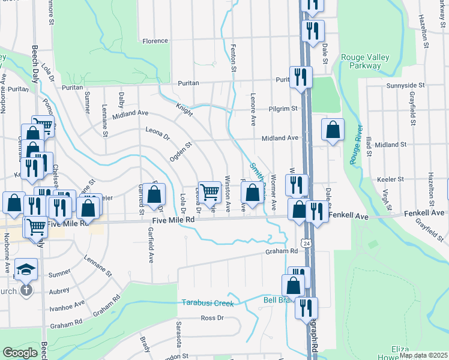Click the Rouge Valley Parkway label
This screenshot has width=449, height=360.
365,61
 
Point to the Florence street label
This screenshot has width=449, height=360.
155,41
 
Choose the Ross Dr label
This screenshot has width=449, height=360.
212,318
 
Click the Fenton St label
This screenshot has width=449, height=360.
233,59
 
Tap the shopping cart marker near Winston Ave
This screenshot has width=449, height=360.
209,193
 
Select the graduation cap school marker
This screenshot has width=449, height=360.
26,269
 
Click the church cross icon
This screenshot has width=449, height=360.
26,290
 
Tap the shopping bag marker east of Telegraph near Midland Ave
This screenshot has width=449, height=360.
332,130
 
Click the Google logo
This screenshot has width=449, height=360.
20,353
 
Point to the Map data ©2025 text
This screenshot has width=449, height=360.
423,355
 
